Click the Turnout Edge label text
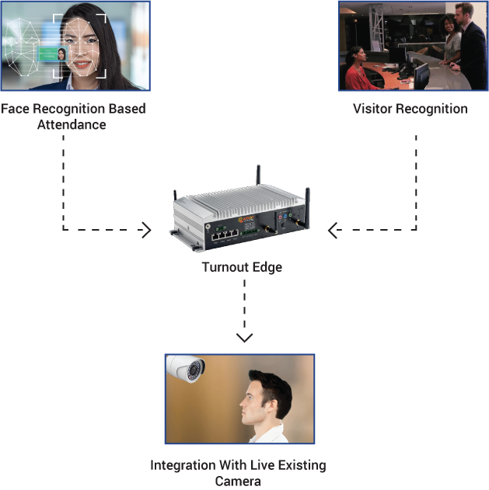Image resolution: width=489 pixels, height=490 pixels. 242,267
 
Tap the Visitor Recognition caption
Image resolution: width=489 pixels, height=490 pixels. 410,109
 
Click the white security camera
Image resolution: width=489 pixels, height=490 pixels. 187,369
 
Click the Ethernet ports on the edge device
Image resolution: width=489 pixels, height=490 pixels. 225,231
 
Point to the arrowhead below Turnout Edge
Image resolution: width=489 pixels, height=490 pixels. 244,337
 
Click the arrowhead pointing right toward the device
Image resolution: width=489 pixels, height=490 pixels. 147,230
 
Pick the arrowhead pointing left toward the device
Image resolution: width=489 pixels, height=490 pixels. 333,230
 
